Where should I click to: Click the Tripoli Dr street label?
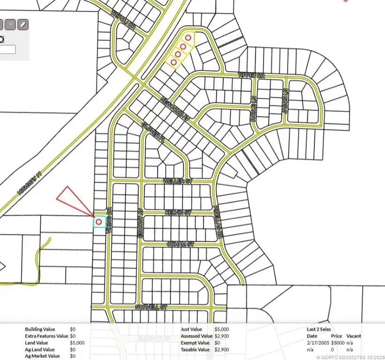(x=123, y=21)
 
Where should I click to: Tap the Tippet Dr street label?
(x=252, y=75)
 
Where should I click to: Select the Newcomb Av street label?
(x=174, y=107)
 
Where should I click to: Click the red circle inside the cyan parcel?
(x=99, y=221)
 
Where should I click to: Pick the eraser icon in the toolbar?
(x=22, y=24)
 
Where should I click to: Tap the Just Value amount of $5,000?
(x=222, y=330)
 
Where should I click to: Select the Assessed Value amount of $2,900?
(x=222, y=336)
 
